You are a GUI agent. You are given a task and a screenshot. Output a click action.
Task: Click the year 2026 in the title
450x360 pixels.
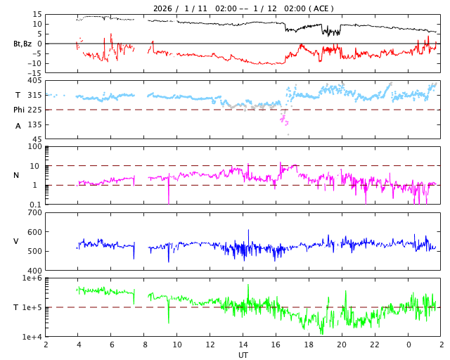(x=162, y=8)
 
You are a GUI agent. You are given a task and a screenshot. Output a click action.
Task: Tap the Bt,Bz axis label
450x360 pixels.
(x=22, y=44)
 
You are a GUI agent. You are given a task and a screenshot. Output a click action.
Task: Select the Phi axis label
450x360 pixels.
(x=19, y=110)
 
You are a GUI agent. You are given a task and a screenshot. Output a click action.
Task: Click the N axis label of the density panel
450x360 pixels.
(x=16, y=175)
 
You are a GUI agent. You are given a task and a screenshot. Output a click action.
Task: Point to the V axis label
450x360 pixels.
(x=16, y=241)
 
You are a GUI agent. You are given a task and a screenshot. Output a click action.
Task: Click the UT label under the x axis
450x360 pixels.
(x=243, y=355)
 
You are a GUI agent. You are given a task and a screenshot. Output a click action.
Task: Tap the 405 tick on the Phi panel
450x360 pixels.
(x=34, y=81)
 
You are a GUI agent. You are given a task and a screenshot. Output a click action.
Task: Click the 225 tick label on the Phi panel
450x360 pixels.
(x=34, y=110)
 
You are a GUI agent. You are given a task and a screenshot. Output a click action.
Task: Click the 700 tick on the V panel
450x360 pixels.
(x=34, y=212)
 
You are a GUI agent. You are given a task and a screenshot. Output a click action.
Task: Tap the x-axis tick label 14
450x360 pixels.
(x=243, y=345)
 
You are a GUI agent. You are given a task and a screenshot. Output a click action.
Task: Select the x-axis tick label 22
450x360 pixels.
(x=375, y=345)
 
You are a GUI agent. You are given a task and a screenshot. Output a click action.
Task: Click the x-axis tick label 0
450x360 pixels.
(x=408, y=345)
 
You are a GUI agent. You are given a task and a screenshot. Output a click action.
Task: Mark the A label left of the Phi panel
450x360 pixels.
(x=18, y=126)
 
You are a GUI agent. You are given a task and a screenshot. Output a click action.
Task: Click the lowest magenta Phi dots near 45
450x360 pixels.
(x=288, y=134)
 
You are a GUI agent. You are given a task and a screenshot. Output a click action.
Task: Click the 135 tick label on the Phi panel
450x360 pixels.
(x=34, y=124)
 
